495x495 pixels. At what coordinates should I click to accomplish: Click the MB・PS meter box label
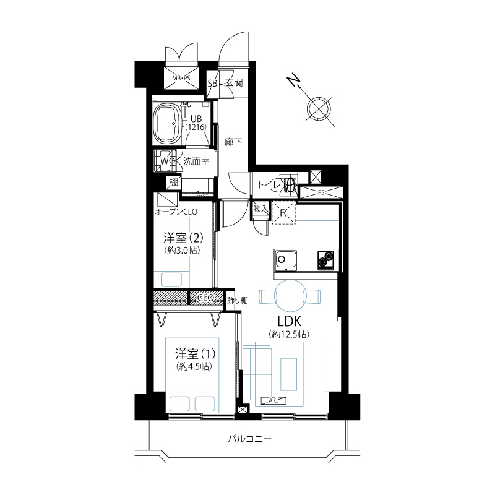[x=181, y=78]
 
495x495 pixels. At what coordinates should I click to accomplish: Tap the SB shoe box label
[x=212, y=84]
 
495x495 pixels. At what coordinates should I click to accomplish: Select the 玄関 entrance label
[x=235, y=83]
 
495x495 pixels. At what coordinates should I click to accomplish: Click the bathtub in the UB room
[x=166, y=123]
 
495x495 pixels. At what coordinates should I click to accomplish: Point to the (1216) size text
[x=196, y=127]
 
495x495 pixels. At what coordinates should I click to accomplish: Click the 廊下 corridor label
[x=233, y=142]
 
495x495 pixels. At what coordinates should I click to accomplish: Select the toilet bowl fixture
[x=290, y=183]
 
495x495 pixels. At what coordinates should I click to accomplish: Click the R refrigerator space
[x=283, y=213]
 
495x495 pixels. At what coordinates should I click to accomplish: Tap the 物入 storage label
[x=260, y=209]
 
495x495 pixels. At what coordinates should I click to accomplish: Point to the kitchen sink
[x=285, y=260]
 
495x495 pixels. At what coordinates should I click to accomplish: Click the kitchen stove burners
[x=325, y=260]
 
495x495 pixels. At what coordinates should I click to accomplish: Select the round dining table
[x=291, y=296]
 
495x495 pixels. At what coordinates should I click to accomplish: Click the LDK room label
[x=289, y=321]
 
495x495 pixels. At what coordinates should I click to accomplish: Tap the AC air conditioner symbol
[x=273, y=400]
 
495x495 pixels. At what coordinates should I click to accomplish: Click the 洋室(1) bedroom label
[x=196, y=354]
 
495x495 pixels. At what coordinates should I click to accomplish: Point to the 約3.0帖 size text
[x=183, y=251]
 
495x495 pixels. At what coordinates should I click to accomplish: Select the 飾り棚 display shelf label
[x=238, y=301]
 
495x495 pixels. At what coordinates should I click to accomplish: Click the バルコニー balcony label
[x=250, y=439]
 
